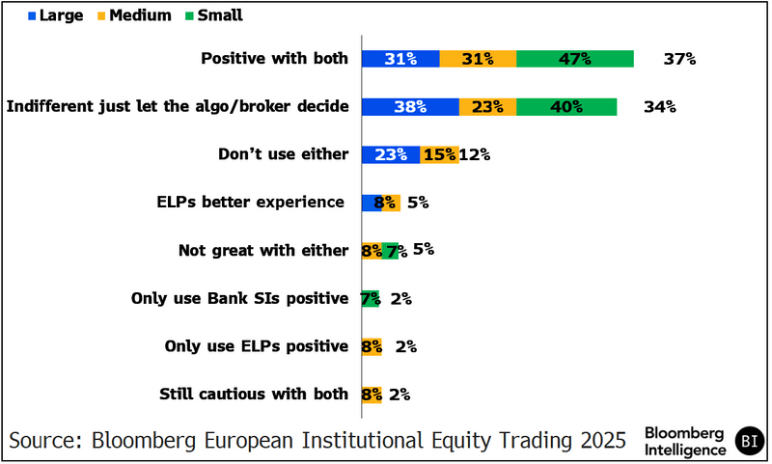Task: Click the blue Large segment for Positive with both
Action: (400, 59)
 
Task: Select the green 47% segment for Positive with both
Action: (575, 59)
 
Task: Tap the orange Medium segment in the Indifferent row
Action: (488, 107)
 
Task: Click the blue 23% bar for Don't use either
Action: (391, 154)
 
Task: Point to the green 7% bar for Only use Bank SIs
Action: (371, 299)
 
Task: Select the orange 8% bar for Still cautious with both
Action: (372, 394)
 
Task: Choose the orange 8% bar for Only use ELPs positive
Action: (372, 346)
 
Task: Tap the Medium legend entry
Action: (136, 15)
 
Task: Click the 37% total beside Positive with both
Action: (679, 59)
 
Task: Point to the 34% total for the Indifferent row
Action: (660, 107)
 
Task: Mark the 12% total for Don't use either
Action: (476, 154)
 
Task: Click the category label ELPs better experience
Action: (250, 203)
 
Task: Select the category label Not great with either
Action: (262, 251)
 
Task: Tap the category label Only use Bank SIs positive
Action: (239, 299)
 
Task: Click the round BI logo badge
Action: (748, 440)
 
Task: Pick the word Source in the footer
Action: (43, 440)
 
